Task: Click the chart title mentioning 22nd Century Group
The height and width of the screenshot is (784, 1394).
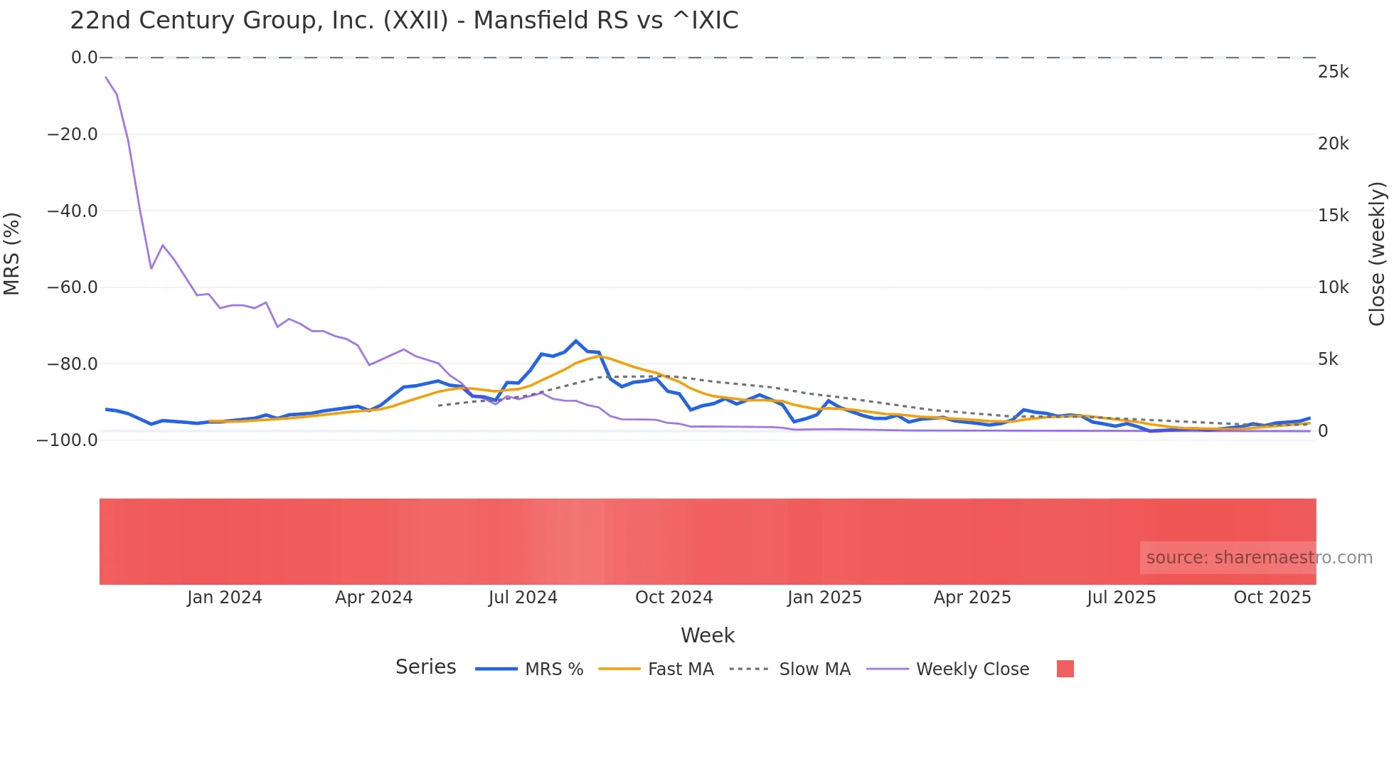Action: click(404, 20)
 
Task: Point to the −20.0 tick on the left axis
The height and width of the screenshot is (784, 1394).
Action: click(73, 134)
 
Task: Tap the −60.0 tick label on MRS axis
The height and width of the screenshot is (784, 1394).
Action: click(73, 287)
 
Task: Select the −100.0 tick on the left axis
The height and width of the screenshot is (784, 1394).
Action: click(68, 440)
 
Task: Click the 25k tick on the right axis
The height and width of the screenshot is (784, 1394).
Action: click(1333, 72)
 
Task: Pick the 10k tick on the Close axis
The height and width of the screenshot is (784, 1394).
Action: click(1333, 287)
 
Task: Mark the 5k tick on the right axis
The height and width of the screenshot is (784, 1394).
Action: click(1328, 359)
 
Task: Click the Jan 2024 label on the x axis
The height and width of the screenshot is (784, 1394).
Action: click(225, 598)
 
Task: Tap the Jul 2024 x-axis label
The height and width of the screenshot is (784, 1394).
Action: click(523, 598)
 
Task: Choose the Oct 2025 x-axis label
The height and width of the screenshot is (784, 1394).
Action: click(1272, 598)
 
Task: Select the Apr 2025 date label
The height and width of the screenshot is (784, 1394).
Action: click(972, 598)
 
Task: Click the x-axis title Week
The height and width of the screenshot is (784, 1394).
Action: click(707, 635)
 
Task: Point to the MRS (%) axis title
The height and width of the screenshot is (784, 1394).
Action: click(12, 253)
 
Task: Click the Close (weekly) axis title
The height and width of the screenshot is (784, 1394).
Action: click(1378, 253)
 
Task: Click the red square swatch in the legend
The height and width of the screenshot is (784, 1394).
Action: click(1065, 669)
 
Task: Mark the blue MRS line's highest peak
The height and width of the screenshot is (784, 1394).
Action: click(576, 341)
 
